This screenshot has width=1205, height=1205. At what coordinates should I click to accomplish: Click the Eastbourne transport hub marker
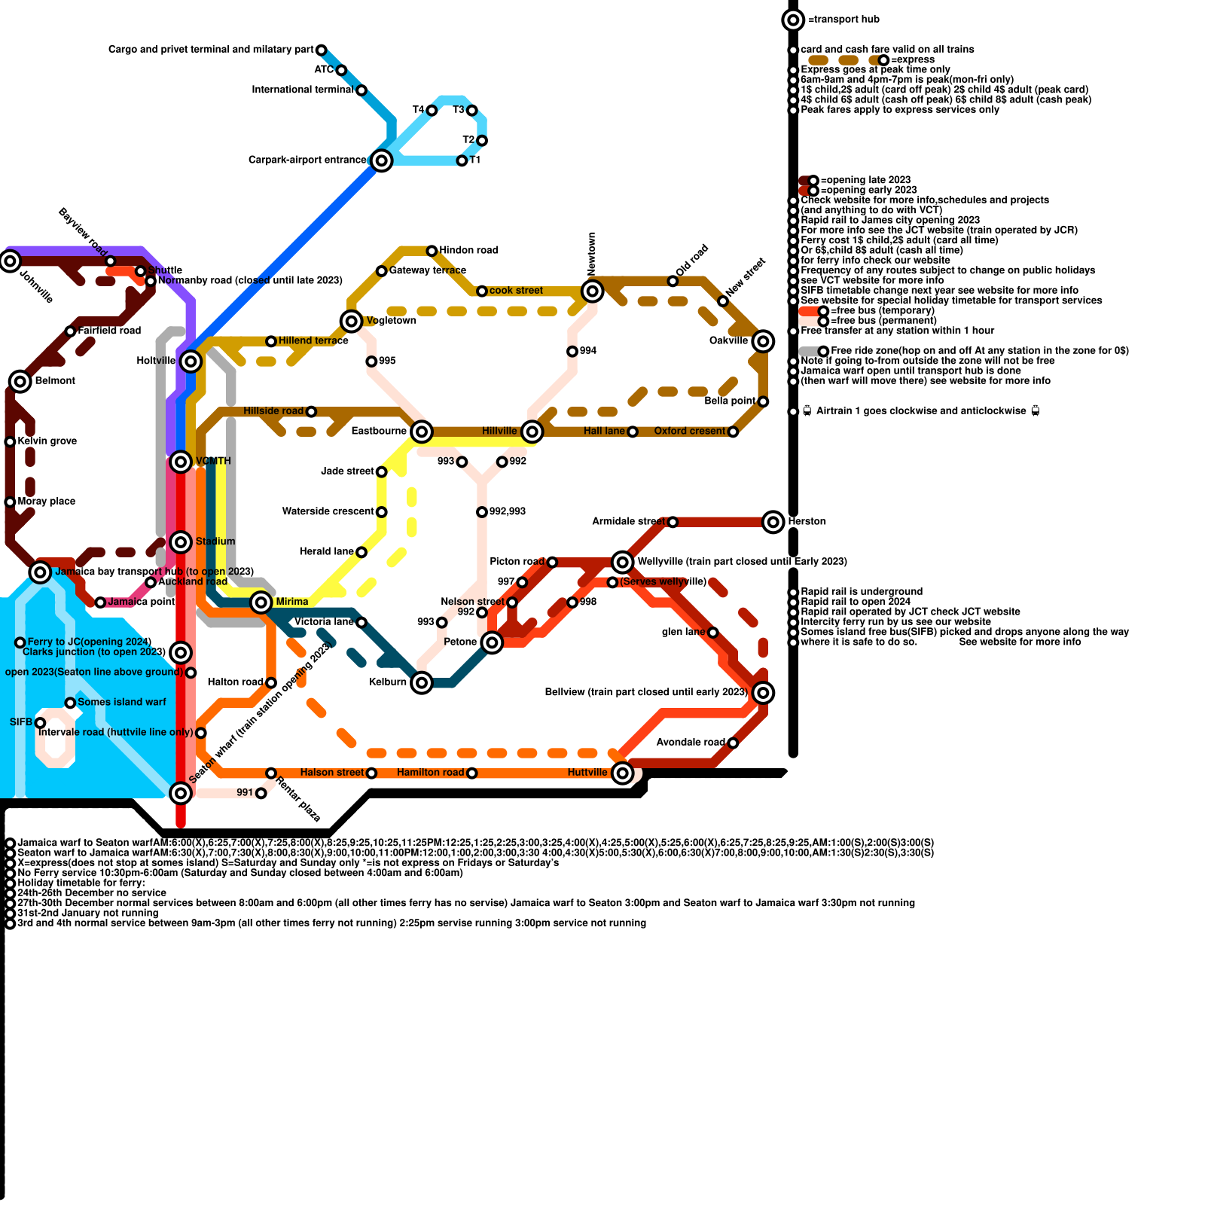(x=422, y=432)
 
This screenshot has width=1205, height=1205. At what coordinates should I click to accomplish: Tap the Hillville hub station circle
(x=532, y=432)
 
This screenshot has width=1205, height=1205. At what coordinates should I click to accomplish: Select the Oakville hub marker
(x=763, y=341)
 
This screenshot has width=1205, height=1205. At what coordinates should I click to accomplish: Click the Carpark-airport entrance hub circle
(x=382, y=160)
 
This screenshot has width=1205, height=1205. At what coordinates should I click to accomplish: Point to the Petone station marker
(x=492, y=642)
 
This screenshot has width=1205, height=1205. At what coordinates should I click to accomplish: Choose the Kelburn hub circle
(x=422, y=683)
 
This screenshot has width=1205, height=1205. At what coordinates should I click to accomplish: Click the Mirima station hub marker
(x=261, y=602)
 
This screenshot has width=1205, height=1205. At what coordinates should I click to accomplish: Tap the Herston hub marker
(x=773, y=521)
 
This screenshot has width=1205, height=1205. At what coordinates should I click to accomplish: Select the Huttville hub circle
(x=622, y=773)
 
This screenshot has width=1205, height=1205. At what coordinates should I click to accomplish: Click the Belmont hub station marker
(x=20, y=381)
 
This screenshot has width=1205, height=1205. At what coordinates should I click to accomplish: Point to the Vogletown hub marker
(x=351, y=321)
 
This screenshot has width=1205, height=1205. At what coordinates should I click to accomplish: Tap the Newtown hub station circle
(x=593, y=291)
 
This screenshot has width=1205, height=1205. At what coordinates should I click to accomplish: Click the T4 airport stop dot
(x=432, y=111)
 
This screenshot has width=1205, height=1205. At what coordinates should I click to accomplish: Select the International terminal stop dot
(x=361, y=90)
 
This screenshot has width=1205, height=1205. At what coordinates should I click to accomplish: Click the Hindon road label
(x=468, y=250)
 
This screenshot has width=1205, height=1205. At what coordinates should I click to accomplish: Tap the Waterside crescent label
(x=328, y=511)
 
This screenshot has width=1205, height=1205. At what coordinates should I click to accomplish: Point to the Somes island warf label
(x=122, y=702)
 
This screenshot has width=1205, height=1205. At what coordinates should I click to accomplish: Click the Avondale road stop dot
(x=733, y=743)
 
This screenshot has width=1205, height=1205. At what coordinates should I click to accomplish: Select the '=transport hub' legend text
(x=843, y=20)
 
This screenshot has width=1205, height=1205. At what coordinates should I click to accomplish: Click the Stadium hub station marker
(x=181, y=541)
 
